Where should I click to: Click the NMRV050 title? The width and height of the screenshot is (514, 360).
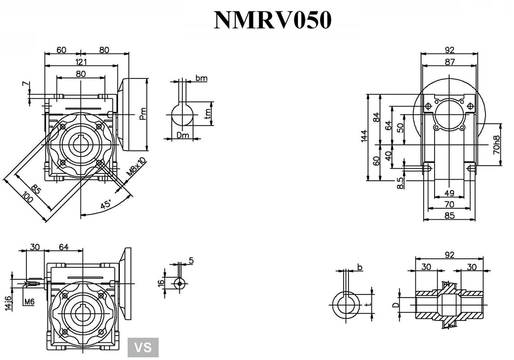(x=273, y=20)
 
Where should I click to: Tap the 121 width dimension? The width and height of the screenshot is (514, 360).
(x=80, y=62)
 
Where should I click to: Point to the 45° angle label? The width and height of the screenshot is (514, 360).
(x=106, y=205)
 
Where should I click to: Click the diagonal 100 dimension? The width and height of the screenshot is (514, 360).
(x=27, y=200)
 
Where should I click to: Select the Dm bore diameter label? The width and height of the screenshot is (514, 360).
(x=182, y=135)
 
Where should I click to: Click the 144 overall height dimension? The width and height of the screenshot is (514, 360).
(x=364, y=136)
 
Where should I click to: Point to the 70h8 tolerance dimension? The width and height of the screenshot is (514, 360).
(x=496, y=145)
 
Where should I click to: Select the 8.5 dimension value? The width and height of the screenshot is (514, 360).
(x=399, y=183)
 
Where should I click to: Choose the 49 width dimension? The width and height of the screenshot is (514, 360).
(x=450, y=193)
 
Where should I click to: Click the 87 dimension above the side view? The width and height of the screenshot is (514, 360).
(x=450, y=62)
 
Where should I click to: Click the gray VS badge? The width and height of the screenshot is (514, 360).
(x=143, y=346)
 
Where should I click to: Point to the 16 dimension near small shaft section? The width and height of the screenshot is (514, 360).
(x=161, y=283)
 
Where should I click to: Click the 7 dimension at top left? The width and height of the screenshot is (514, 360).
(x=24, y=84)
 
